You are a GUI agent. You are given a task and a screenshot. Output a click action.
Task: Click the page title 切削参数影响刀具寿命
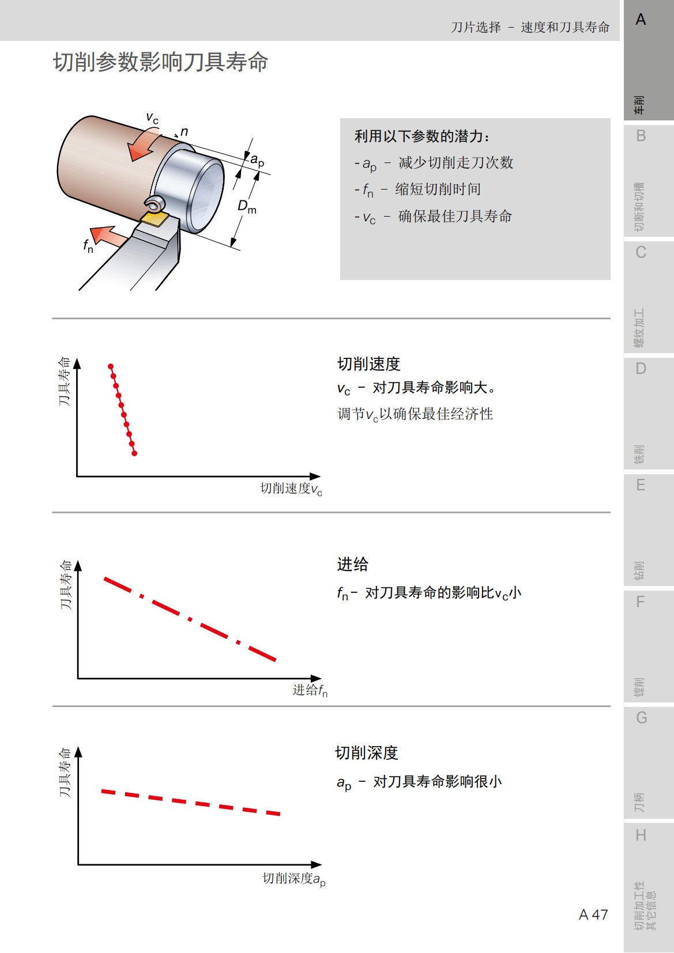pos(160,62)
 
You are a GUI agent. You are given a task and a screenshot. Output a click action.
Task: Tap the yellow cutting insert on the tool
pos(154,219)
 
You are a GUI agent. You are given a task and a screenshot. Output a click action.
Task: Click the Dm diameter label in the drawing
pos(247,206)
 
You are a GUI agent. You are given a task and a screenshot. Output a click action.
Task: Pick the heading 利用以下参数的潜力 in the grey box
pos(422,137)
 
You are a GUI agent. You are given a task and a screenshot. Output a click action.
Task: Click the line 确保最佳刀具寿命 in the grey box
pos(455,217)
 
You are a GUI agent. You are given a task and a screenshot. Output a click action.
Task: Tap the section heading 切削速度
pos(368,364)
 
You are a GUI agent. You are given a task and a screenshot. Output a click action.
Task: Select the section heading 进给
pos(352,565)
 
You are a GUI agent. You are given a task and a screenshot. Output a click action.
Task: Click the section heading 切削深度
pos(367,753)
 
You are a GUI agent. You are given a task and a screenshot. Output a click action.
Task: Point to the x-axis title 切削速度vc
pos(291,489)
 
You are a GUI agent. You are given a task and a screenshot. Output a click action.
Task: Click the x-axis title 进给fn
pos(310,690)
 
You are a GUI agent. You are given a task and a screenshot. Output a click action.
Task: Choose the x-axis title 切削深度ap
pos(294,879)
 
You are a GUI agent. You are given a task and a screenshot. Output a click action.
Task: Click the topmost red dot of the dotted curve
pos(111,366)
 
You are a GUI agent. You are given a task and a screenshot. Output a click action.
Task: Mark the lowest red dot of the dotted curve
pos(134,453)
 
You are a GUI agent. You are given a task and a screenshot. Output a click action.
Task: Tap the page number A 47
pos(593,915)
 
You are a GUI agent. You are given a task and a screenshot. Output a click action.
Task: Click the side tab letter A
pos(641,20)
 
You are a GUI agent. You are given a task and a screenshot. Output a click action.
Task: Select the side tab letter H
pos(641,835)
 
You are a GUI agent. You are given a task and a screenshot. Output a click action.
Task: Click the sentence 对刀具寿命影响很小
pos(437,782)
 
